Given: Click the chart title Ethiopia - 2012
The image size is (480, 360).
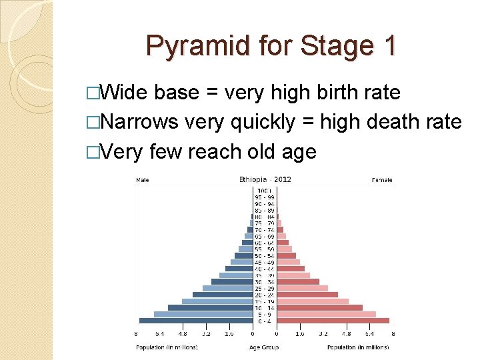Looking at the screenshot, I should click(x=265, y=179).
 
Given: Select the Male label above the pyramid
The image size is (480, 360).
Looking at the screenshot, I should click(x=143, y=180).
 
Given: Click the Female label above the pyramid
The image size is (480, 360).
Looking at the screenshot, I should click(x=382, y=180).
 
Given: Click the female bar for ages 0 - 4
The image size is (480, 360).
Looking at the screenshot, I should click(x=333, y=321).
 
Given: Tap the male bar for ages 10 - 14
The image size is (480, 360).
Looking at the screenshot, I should click(x=209, y=307).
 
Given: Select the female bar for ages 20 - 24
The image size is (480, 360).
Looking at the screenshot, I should click(x=307, y=295).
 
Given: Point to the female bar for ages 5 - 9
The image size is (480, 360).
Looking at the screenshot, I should click(x=326, y=314).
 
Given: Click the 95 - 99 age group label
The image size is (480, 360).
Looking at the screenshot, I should click(x=265, y=197).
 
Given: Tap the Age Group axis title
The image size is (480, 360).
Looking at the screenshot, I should click(x=265, y=347).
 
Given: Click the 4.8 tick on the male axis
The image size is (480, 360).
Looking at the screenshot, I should click(x=183, y=335).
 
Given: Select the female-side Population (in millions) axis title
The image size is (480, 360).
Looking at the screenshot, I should click(x=357, y=347).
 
